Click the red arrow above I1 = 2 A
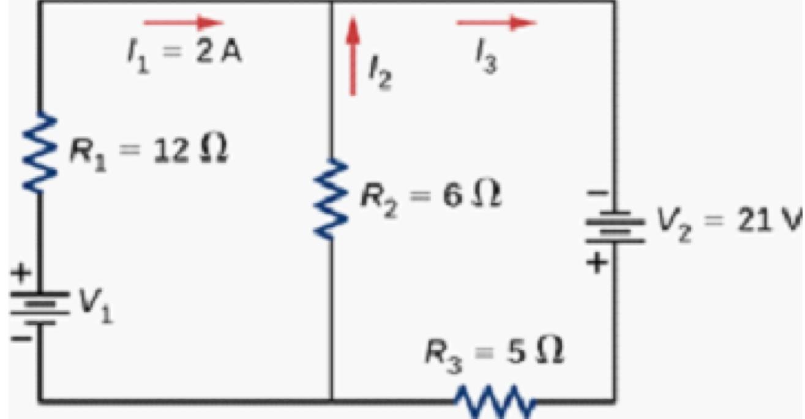point(183,23)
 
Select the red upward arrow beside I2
point(353,56)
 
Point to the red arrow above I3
point(496,23)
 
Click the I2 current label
point(380,73)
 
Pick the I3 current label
point(487,56)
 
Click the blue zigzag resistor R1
point(40,152)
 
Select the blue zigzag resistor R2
point(331,199)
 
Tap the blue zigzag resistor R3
point(495,401)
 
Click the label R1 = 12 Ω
point(148,151)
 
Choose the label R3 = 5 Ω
point(495,354)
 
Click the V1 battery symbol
point(40,308)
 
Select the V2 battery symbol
point(615,227)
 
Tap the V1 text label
point(95,306)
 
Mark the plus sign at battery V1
point(21,273)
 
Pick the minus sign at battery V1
point(21,338)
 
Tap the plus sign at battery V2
point(597,263)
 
